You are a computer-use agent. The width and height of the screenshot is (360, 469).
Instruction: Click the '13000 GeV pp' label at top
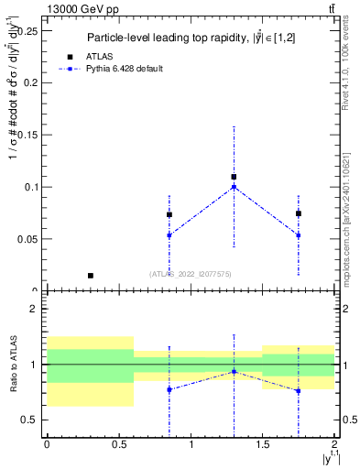coord(76,8)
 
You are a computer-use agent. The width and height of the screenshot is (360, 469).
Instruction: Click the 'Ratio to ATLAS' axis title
coord(13,364)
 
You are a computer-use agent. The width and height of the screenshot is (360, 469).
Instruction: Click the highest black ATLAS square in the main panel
coord(234,177)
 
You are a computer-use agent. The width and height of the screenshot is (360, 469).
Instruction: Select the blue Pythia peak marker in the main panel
coord(234,187)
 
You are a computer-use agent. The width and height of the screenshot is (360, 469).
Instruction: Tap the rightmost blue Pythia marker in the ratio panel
coord(298,391)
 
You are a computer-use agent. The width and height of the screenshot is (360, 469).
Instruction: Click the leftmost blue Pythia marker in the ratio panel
coord(169,389)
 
